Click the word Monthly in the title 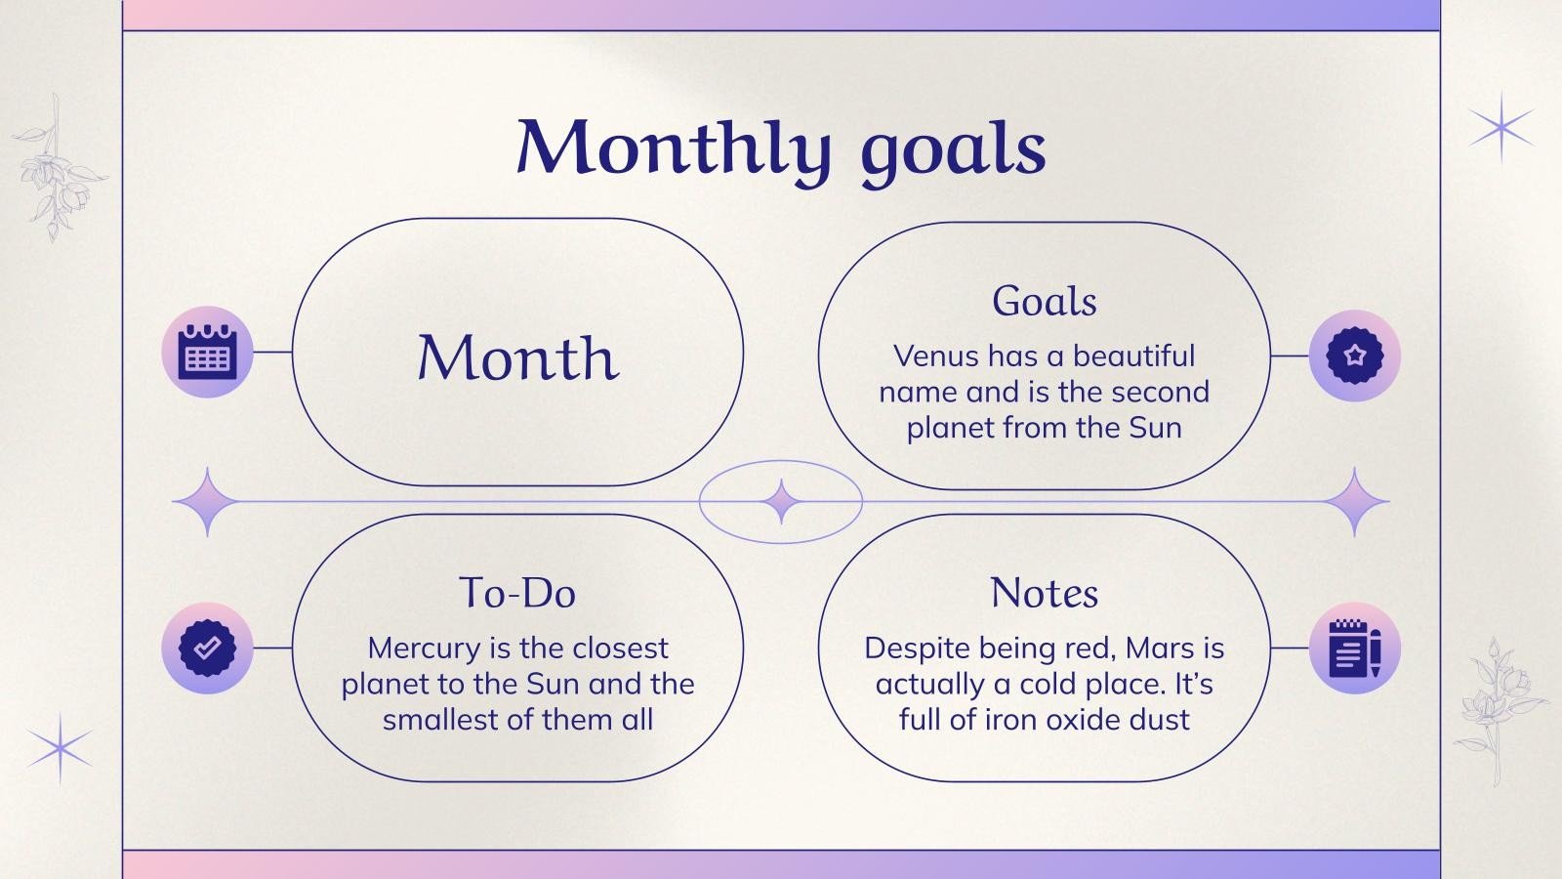tap(674, 148)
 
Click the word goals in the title tap(953, 151)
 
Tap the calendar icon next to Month tap(207, 353)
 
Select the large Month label tap(517, 357)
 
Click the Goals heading tap(1044, 301)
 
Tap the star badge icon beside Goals tap(1354, 356)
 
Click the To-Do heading tap(517, 593)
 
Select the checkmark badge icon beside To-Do tap(207, 648)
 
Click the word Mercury tap(423, 649)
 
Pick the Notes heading tap(1044, 593)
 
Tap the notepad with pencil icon tap(1354, 649)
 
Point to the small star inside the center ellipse tap(781, 501)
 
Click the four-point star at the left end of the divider tap(207, 501)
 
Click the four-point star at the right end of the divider tap(1355, 501)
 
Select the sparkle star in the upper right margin tap(1501, 127)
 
